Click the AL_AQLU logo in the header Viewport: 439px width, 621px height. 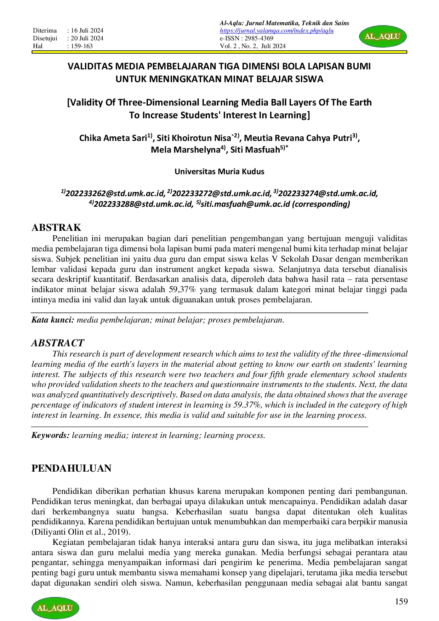tap(383, 36)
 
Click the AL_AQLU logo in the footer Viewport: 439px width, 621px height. tap(55, 608)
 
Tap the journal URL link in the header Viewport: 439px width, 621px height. tap(276, 31)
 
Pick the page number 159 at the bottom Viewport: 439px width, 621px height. tap(401, 601)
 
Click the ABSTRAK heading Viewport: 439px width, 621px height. tap(56, 227)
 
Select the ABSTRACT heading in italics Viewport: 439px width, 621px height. tap(58, 343)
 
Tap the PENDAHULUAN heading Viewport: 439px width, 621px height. tap(71, 468)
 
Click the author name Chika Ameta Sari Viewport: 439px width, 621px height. tap(113, 138)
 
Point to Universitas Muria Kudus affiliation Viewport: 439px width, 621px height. tap(219, 172)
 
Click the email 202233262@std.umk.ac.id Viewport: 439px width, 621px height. tap(115, 193)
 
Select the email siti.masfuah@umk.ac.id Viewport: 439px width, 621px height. tap(245, 204)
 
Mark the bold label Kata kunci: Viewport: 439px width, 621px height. tap(53, 320)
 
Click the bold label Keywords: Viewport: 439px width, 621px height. tap(50, 435)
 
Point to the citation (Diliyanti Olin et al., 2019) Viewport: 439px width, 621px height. tap(81, 532)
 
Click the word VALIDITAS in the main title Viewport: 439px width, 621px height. tap(91, 66)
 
